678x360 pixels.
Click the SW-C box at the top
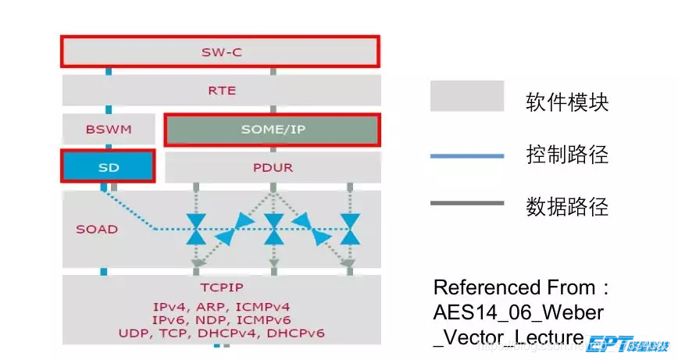pyautogui.click(x=220, y=52)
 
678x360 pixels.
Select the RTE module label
pyautogui.click(x=221, y=91)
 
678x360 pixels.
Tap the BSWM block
pyautogui.click(x=108, y=129)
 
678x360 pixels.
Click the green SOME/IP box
pyautogui.click(x=272, y=130)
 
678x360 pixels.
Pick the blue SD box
pyautogui.click(x=108, y=167)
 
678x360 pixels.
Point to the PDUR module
pyautogui.click(x=272, y=167)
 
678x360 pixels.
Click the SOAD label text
pyautogui.click(x=97, y=230)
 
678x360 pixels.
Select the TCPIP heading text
pyautogui.click(x=221, y=287)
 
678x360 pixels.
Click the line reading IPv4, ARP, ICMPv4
pyautogui.click(x=222, y=307)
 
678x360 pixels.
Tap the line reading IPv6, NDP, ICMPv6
pyautogui.click(x=222, y=320)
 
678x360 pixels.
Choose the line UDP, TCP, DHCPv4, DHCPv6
pyautogui.click(x=222, y=333)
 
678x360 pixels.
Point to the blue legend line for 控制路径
pyautogui.click(x=466, y=156)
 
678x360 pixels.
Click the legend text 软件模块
pyautogui.click(x=567, y=102)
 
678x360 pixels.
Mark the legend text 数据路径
pyautogui.click(x=567, y=207)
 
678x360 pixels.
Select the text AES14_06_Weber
pyautogui.click(x=519, y=312)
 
